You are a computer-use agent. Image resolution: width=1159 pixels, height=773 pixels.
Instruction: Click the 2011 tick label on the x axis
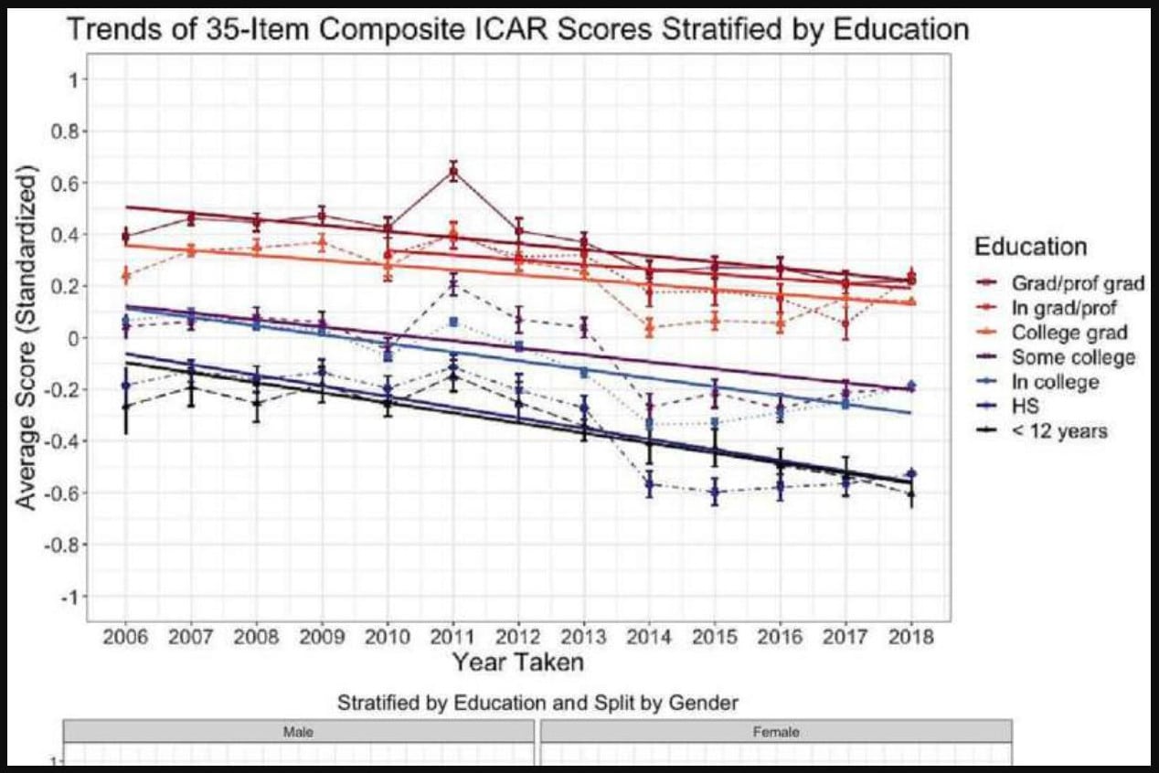453,637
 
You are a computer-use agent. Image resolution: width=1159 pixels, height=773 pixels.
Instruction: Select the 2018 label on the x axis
910,637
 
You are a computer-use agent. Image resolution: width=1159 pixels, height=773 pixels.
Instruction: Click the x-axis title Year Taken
518,661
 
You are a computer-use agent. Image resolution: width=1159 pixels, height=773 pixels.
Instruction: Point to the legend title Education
1030,247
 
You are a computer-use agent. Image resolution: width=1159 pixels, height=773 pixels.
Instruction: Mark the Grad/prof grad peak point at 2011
453,171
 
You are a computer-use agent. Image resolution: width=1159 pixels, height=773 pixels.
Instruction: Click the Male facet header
298,732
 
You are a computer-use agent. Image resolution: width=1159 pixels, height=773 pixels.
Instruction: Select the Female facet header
776,732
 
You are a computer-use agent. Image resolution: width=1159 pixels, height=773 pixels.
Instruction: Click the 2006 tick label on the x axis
125,637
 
